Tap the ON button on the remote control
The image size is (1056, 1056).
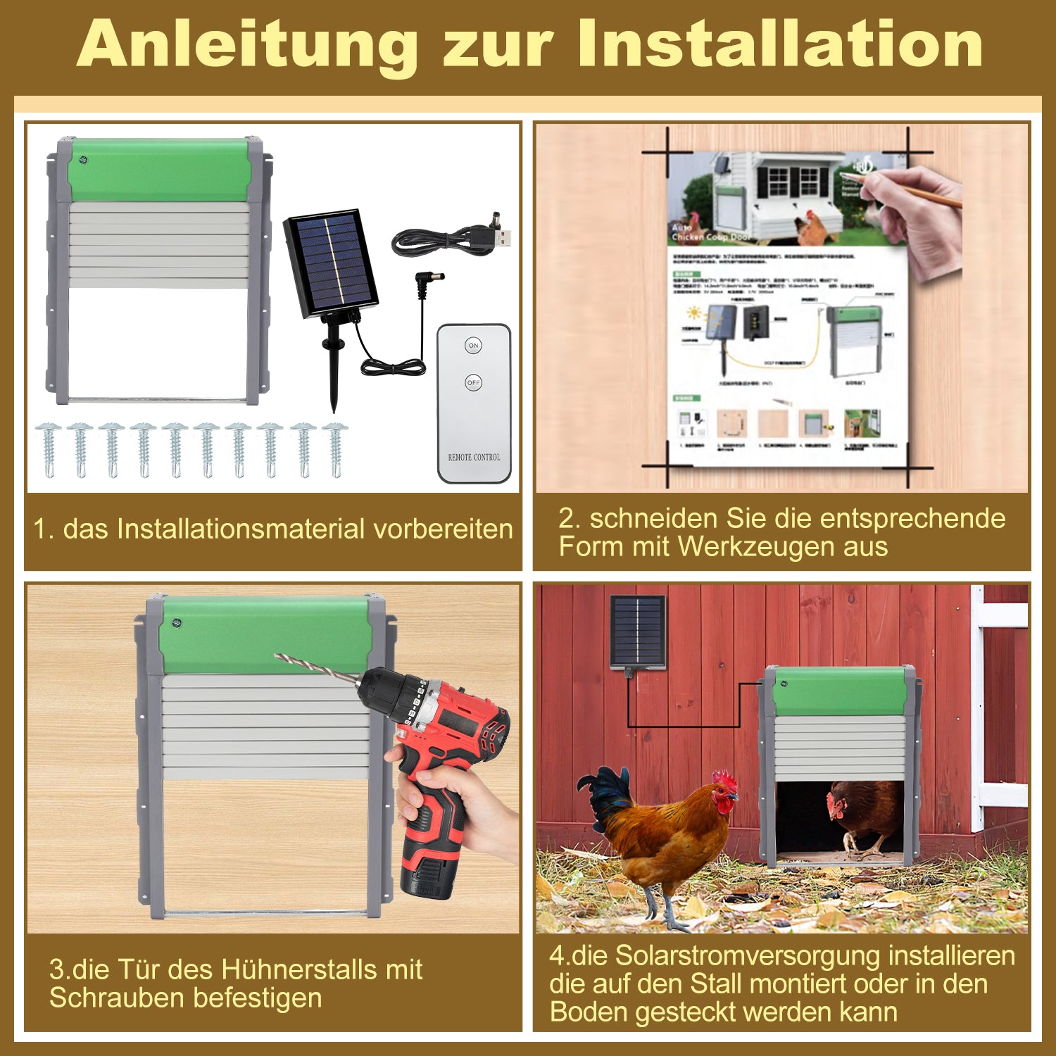(473, 346)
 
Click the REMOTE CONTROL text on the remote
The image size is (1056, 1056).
(474, 457)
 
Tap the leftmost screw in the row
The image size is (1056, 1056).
(49, 448)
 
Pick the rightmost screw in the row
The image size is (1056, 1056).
(334, 448)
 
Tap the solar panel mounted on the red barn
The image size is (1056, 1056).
(637, 631)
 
